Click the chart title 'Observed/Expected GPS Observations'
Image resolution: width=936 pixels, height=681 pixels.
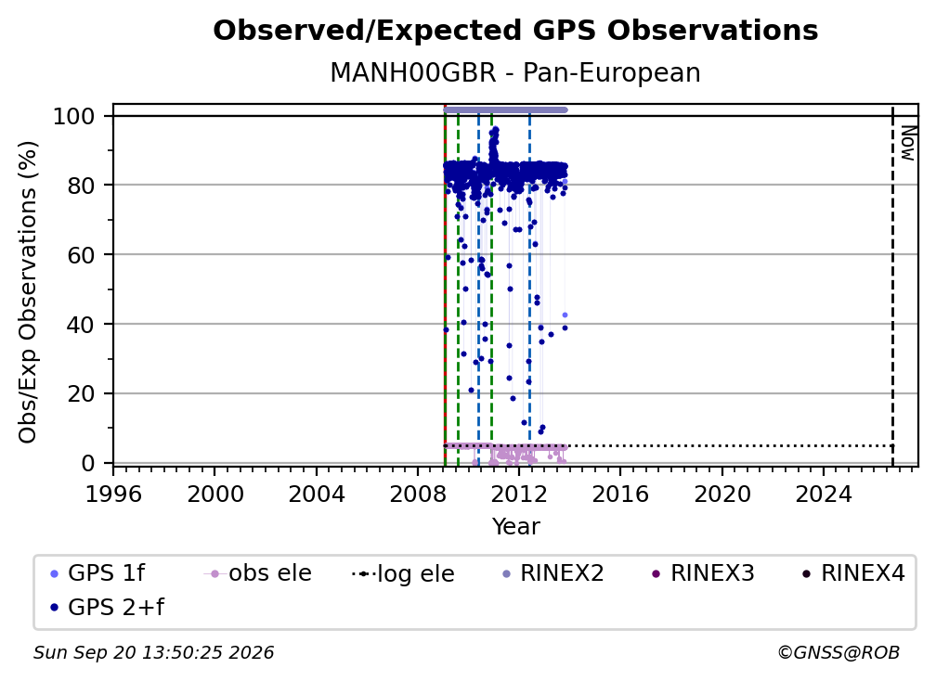coord(515,31)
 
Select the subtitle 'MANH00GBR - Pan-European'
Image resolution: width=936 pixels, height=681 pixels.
coord(515,72)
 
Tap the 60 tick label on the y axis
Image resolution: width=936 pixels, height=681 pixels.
coord(81,254)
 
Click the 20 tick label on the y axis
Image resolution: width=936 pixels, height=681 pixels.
coord(81,393)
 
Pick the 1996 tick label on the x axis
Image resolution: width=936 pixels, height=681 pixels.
coord(113,494)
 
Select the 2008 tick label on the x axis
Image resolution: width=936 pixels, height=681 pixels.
coord(418,494)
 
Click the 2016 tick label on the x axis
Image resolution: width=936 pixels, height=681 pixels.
coord(620,494)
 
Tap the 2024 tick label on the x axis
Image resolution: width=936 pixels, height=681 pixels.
coord(823,494)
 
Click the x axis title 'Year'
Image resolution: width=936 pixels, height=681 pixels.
coord(515,527)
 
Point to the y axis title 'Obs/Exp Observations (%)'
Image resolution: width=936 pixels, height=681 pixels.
coord(28,292)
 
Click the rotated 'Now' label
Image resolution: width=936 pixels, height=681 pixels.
coord(907,143)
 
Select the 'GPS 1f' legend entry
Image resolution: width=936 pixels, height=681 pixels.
coord(98,573)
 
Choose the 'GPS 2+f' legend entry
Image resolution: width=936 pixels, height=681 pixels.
coord(108,607)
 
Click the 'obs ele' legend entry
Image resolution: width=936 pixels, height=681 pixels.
coord(258,573)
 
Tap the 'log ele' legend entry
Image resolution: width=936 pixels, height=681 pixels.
coord(404,573)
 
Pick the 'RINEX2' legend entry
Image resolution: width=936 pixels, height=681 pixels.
coord(553,573)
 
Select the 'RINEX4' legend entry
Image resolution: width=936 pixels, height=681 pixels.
coord(853,573)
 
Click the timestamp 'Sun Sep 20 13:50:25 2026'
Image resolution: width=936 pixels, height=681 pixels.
coord(153,653)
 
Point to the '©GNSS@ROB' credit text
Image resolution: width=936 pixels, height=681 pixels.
coord(838,653)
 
